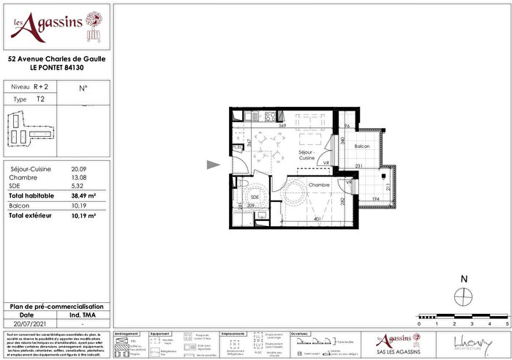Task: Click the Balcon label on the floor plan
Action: [x=362, y=147]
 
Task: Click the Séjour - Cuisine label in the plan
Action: [x=307, y=154]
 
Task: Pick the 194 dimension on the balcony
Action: [x=374, y=199]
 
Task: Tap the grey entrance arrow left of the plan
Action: [x=213, y=165]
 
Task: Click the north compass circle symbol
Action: [x=462, y=296]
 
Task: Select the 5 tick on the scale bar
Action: [x=507, y=323]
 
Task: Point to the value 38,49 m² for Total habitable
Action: [x=82, y=197]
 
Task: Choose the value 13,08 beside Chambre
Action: [x=78, y=178]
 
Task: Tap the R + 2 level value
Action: [x=41, y=86]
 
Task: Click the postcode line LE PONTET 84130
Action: [x=56, y=68]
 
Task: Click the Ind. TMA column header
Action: [x=83, y=315]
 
